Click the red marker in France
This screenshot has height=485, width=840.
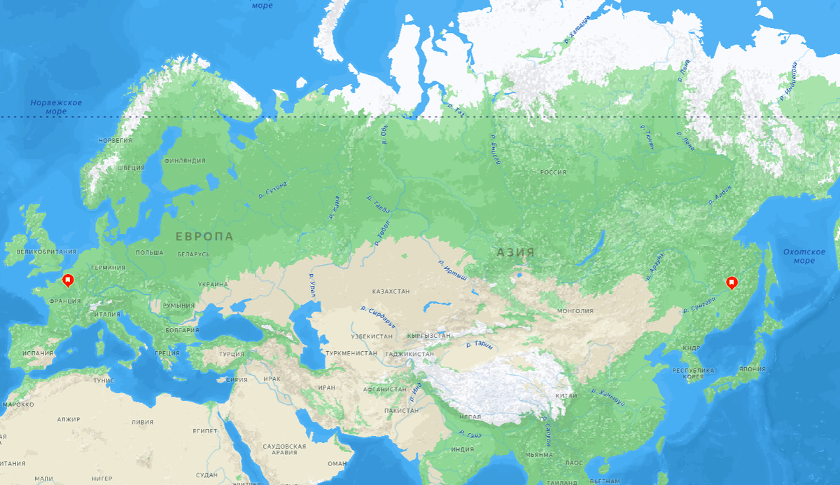pyautogui.click(x=68, y=281)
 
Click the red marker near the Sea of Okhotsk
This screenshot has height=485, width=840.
pyautogui.click(x=731, y=282)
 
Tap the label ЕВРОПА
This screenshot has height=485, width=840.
pyautogui.click(x=204, y=237)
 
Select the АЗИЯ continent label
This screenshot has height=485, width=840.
pyautogui.click(x=516, y=252)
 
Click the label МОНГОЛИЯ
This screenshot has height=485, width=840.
pyautogui.click(x=575, y=310)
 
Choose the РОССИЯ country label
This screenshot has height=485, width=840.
pyautogui.click(x=553, y=172)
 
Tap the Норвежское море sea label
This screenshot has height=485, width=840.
pyautogui.click(x=56, y=107)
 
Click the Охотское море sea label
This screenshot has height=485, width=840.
pyautogui.click(x=804, y=256)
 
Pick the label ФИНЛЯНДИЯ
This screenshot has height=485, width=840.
pyautogui.click(x=185, y=160)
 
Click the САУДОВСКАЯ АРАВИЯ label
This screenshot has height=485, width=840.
pyautogui.click(x=285, y=449)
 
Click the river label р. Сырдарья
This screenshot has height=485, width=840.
pyautogui.click(x=378, y=317)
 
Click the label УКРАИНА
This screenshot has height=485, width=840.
pyautogui.click(x=213, y=285)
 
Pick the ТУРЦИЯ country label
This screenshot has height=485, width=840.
pyautogui.click(x=232, y=354)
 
